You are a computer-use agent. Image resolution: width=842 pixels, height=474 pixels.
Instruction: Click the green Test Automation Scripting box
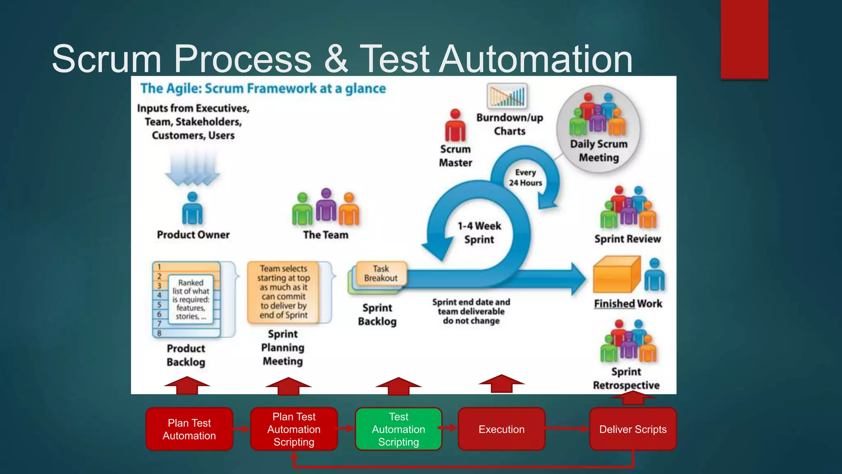pos(398,429)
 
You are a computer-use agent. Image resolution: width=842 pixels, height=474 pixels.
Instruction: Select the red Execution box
pos(501,429)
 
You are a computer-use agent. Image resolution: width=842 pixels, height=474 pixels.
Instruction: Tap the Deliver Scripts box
pos(633,429)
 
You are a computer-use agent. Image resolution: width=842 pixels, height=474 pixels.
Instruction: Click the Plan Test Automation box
pos(189,429)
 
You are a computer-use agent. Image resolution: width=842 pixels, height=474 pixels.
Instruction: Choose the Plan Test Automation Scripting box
pos(294,429)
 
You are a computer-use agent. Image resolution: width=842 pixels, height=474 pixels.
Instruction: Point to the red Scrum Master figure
pos(455,126)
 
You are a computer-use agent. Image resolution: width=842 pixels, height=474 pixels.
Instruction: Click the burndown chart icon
pos(507,96)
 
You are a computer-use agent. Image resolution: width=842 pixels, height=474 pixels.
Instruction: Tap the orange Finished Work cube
pos(616,275)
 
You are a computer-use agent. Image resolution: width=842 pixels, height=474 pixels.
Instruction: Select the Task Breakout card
pos(381,274)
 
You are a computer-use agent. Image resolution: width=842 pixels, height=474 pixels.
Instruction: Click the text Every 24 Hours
pos(525,177)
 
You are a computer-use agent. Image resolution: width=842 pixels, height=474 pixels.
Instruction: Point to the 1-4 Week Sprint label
pos(479,232)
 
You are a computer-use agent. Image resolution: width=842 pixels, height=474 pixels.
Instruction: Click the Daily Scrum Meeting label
pos(599,151)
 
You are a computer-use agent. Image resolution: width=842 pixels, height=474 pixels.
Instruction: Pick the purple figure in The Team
pos(326,205)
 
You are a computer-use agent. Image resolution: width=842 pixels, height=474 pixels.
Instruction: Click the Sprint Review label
pos(627,239)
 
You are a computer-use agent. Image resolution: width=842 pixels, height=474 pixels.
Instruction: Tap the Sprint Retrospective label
pos(626,378)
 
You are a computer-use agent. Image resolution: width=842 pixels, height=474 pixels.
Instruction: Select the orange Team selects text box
pos(283,292)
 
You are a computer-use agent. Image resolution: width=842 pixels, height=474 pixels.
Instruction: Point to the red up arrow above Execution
pos(501,383)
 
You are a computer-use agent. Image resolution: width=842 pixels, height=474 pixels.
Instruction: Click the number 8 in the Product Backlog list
pos(160,333)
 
